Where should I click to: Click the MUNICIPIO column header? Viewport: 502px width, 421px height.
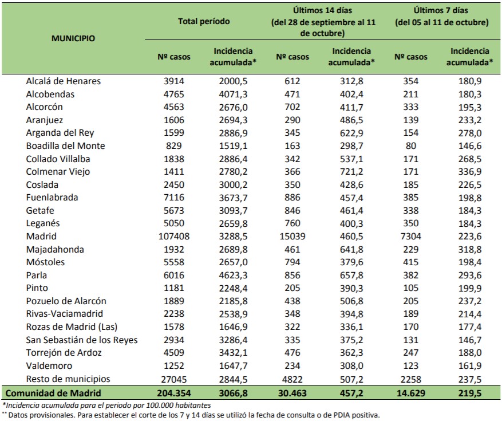[x=73, y=38]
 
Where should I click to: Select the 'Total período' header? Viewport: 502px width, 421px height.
[x=204, y=21]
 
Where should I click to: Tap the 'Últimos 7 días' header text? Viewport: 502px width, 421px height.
[x=441, y=10]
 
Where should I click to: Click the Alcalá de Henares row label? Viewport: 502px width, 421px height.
[x=64, y=81]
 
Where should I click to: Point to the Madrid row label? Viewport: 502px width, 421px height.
[x=41, y=237]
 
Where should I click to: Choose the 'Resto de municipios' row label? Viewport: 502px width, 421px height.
[x=68, y=379]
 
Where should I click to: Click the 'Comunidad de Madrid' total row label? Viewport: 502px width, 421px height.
[x=53, y=393]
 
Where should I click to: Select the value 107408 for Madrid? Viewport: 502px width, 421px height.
[x=174, y=237]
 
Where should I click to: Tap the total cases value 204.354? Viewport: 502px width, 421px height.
[x=174, y=393]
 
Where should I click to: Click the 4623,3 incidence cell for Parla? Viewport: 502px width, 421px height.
[x=233, y=275]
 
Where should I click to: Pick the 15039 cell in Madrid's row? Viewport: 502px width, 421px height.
[x=292, y=237]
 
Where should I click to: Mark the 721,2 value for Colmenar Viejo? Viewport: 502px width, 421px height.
[x=351, y=172]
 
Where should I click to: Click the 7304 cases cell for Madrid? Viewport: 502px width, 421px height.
[x=411, y=237]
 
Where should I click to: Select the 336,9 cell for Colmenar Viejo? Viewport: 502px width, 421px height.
[x=470, y=172]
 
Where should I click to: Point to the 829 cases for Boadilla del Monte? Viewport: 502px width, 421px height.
[x=174, y=146]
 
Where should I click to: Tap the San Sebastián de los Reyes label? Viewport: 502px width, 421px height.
[x=82, y=340]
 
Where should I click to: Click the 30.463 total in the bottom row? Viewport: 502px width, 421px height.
[x=292, y=393]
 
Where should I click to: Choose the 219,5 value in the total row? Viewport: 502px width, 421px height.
[x=470, y=393]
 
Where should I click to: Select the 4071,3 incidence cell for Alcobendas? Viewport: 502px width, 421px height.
[x=233, y=94]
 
